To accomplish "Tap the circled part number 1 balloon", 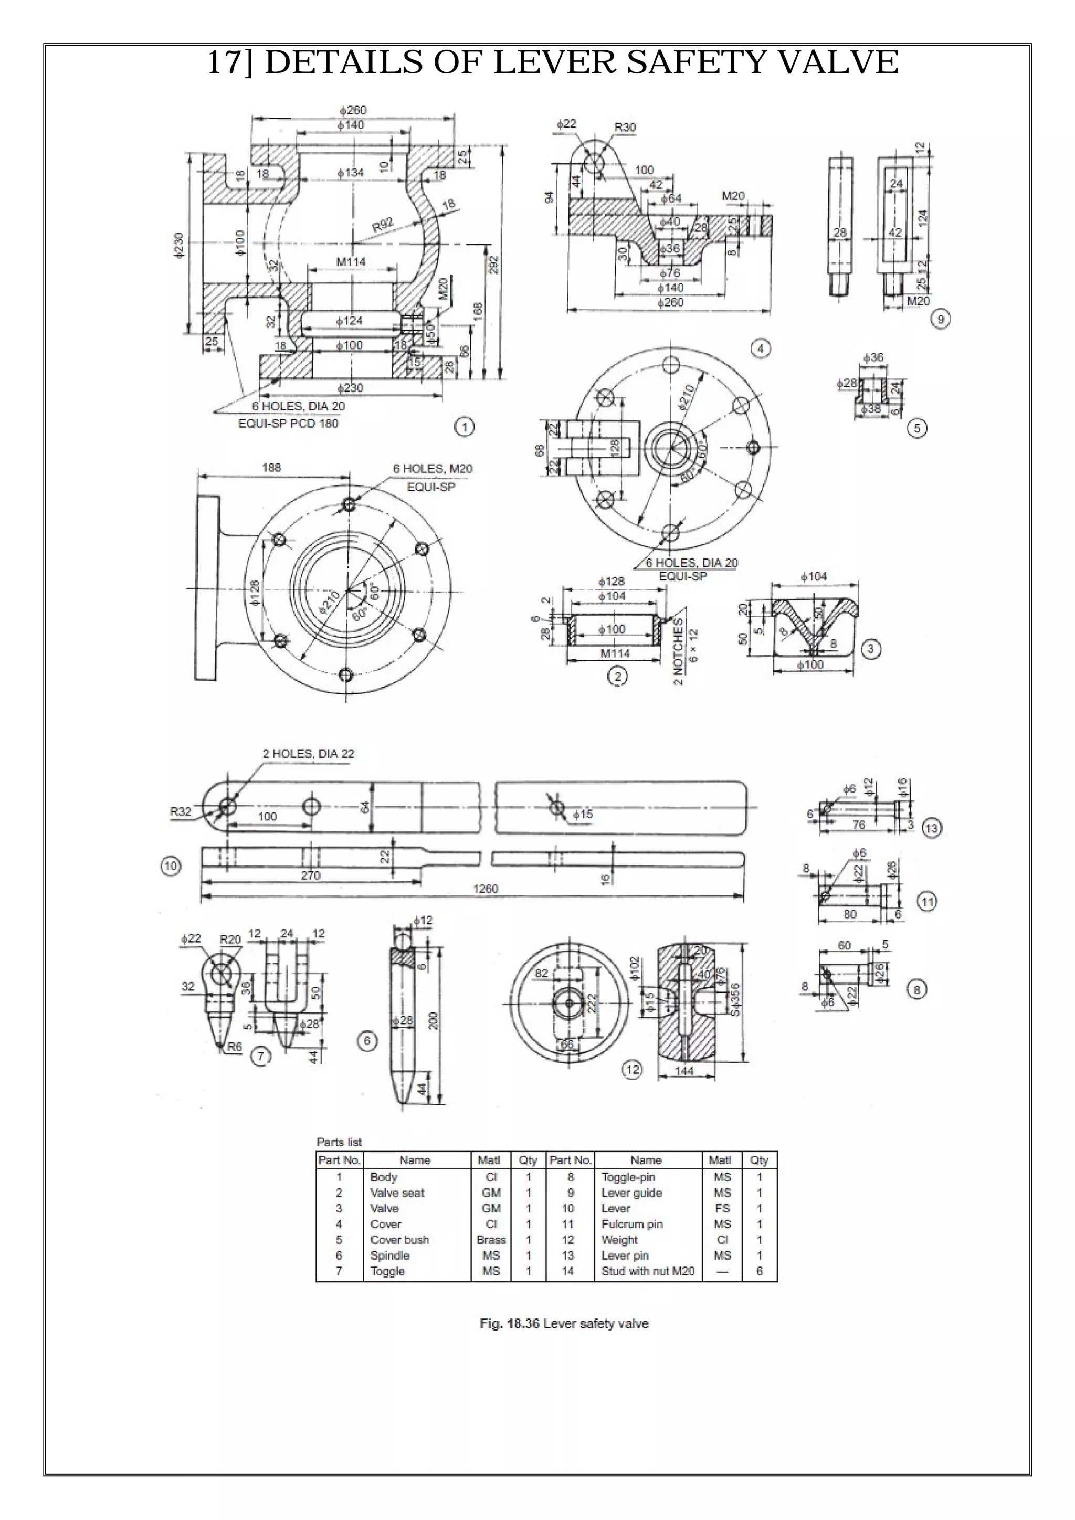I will click(x=464, y=427).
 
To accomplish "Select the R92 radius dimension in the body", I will click(x=383, y=225).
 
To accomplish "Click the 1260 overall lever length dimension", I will click(x=485, y=889).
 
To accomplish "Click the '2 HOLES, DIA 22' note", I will click(x=309, y=753).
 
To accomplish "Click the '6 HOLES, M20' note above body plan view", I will click(x=433, y=469).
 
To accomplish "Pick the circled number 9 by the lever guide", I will click(x=940, y=319).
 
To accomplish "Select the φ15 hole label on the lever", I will click(x=583, y=814).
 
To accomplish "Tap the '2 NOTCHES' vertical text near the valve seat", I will click(x=679, y=651).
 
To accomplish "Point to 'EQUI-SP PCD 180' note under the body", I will click(x=288, y=423).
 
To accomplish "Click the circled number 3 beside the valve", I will click(x=870, y=649).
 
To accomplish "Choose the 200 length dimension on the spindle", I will click(x=434, y=1019).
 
